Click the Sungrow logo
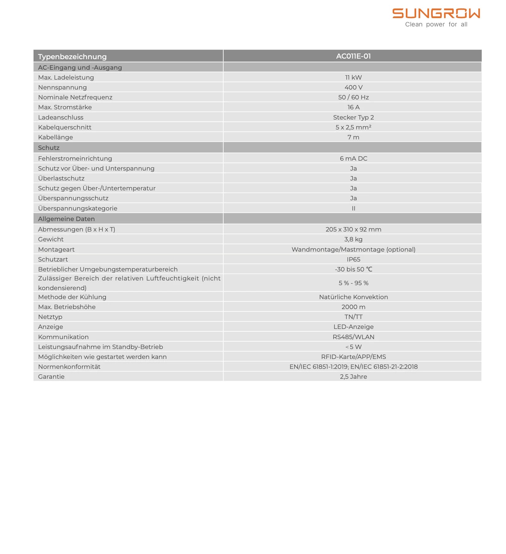pyautogui.click(x=436, y=14)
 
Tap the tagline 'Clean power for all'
pyautogui.click(x=436, y=25)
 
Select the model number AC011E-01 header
pyautogui.click(x=353, y=56)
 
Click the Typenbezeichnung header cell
pyautogui.click(x=72, y=57)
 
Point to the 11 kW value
pyautogui.click(x=353, y=77)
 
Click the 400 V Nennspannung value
pyautogui.click(x=353, y=87)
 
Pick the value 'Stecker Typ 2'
pyautogui.click(x=353, y=117)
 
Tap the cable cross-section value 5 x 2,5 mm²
pyautogui.click(x=353, y=127)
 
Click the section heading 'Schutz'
pyautogui.click(x=49, y=148)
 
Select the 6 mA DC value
pyautogui.click(x=353, y=158)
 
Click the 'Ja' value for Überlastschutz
pyautogui.click(x=353, y=178)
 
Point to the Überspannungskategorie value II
pyautogui.click(x=353, y=208)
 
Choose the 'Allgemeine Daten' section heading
pyautogui.click(x=66, y=219)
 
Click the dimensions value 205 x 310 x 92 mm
pyautogui.click(x=353, y=229)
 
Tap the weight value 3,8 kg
pyautogui.click(x=353, y=239)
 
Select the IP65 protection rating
pyautogui.click(x=353, y=259)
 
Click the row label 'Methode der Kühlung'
pyautogui.click(x=72, y=297)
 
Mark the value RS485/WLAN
pyautogui.click(x=353, y=337)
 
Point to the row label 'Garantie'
pyautogui.click(x=51, y=376)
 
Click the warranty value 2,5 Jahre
pyautogui.click(x=353, y=376)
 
